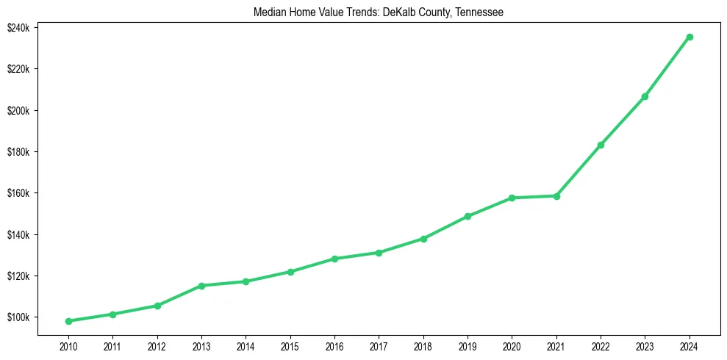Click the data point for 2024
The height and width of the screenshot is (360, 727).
[690, 37]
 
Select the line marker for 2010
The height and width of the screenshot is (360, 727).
[68, 321]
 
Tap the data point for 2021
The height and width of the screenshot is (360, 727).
[556, 196]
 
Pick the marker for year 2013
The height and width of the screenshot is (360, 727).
[201, 286]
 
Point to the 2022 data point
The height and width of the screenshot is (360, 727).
[601, 145]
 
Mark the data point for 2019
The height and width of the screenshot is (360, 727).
[468, 216]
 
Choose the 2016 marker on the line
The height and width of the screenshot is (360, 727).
[334, 259]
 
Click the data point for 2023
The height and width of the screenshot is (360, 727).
[645, 96]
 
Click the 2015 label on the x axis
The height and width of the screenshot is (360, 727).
[290, 346]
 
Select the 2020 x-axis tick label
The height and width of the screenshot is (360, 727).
[512, 346]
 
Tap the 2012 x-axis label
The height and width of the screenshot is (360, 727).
[157, 346]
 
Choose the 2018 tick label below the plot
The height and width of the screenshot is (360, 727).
[423, 346]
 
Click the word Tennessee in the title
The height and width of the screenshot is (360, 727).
[480, 12]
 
